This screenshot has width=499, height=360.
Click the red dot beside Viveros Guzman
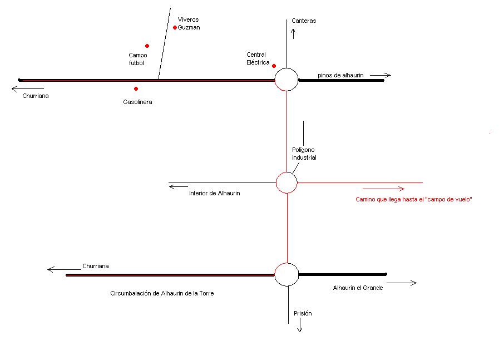tap(175, 27)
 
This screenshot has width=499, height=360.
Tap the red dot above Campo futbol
tap(147, 46)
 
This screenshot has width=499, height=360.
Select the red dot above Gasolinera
tap(136, 88)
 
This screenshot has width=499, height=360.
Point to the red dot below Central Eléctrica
tap(274, 66)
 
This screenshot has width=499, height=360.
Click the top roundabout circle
tap(286, 80)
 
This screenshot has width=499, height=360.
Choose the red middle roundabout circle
tap(286, 183)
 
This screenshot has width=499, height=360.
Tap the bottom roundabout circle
tap(286, 274)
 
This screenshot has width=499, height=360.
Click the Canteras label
tap(304, 21)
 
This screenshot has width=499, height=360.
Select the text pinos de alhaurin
tap(340, 75)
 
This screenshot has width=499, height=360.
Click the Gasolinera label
tap(137, 102)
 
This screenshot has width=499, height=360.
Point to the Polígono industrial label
tap(304, 154)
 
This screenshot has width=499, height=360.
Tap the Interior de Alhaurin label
tap(215, 193)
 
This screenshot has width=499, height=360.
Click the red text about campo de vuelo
tap(413, 200)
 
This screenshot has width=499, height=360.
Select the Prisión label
tap(303, 314)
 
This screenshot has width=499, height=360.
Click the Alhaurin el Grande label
tap(358, 288)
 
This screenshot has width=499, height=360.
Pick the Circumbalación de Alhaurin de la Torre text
tap(162, 293)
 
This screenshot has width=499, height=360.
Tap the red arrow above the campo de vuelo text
tap(383, 189)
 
